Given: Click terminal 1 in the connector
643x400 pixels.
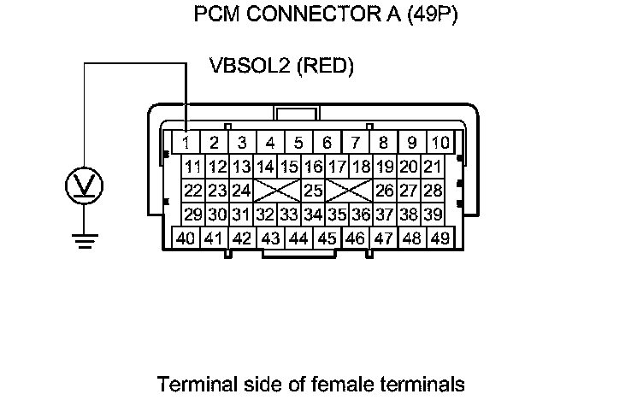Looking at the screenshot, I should [187, 142].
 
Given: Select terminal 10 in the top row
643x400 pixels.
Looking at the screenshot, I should [439, 142].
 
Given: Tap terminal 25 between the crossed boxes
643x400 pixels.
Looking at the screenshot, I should [314, 190].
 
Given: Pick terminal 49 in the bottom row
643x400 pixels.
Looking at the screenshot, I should [439, 238].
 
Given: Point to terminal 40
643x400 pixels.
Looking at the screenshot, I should [186, 238].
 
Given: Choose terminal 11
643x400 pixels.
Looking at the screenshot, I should [193, 166].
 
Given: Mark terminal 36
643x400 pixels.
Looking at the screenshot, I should [361, 214].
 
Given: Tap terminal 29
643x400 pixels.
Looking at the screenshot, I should [193, 214].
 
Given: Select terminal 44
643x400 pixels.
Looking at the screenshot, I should [298, 238].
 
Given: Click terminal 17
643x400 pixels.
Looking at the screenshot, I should [337, 166].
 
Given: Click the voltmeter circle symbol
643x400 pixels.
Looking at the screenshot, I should [84, 185].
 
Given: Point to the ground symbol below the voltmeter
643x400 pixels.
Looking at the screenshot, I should [84, 241].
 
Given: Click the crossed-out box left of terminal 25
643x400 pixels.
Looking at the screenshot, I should [278, 190].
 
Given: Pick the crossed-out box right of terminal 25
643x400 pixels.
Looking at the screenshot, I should [349, 190].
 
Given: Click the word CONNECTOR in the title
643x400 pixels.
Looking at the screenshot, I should [302, 15].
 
